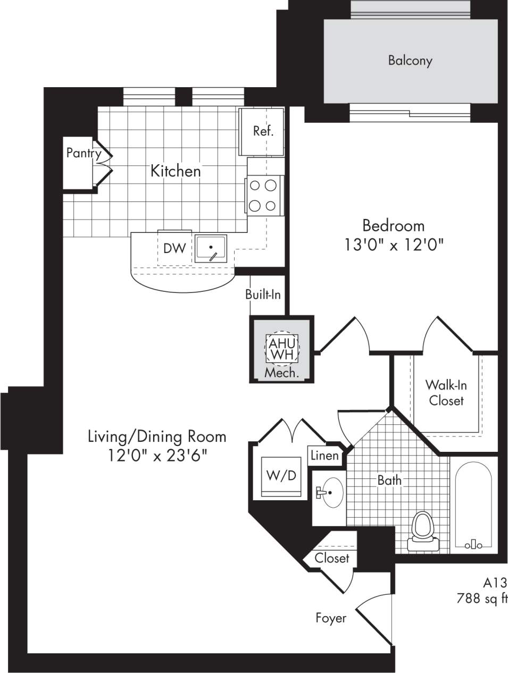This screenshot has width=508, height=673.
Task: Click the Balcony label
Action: click(410, 61)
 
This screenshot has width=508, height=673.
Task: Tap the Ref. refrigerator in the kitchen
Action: click(263, 131)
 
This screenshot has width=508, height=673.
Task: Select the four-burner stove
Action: click(264, 195)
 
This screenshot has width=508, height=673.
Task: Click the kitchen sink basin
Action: click(211, 248)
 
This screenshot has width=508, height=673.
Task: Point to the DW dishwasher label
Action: click(174, 248)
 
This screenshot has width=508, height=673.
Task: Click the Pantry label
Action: click(84, 154)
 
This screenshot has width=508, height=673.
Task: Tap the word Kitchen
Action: click(176, 171)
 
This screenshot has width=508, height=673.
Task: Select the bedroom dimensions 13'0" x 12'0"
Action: click(394, 245)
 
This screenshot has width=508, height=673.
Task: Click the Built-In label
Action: click(263, 294)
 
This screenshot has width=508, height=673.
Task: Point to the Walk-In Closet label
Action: click(446, 393)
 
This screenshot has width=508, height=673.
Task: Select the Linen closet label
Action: click(324, 456)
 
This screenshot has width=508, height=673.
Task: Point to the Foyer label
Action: click(330, 618)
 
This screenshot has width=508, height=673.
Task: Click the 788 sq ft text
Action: click(482, 599)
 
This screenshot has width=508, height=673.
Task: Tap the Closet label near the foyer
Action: click(331, 558)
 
